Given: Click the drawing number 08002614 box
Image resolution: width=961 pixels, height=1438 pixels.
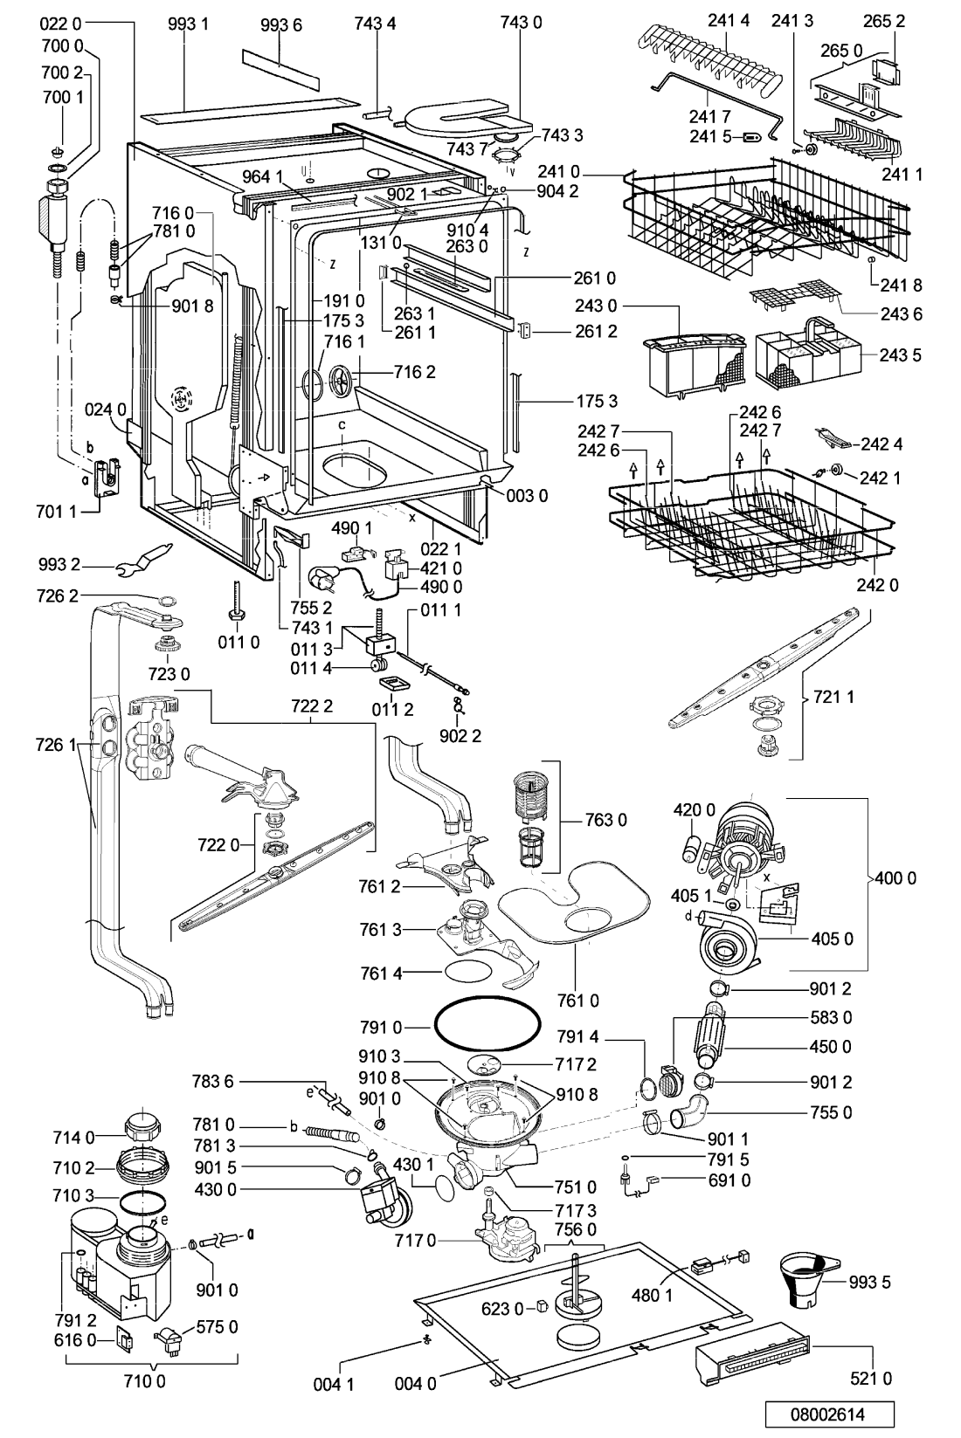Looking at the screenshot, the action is pyautogui.click(x=829, y=1415).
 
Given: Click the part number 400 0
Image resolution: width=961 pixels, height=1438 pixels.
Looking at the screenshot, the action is pyautogui.click(x=895, y=878).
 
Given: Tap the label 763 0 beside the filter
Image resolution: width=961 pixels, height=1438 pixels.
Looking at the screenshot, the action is pyautogui.click(x=605, y=820).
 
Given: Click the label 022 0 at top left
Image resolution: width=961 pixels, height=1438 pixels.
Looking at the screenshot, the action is pyautogui.click(x=60, y=25).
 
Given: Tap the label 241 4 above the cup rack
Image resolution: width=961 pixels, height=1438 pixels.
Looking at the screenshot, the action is pyautogui.click(x=729, y=21).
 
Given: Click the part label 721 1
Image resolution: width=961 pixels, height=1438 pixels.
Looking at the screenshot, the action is pyautogui.click(x=833, y=697).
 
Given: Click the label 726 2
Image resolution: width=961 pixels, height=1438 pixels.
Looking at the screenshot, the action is pyautogui.click(x=58, y=595).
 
